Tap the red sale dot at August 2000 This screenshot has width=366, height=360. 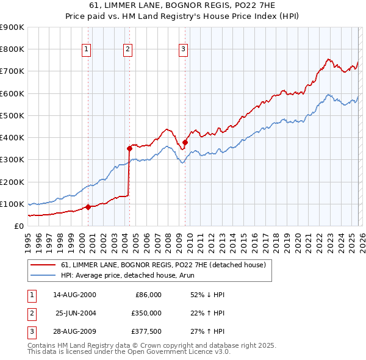click(88, 207)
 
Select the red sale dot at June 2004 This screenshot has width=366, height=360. click(129, 148)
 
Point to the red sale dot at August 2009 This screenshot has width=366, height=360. click(185, 142)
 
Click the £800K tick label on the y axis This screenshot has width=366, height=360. click(12, 49)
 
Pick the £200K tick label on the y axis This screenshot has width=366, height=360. click(12, 182)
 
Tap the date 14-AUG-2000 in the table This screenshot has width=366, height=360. click(74, 295)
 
